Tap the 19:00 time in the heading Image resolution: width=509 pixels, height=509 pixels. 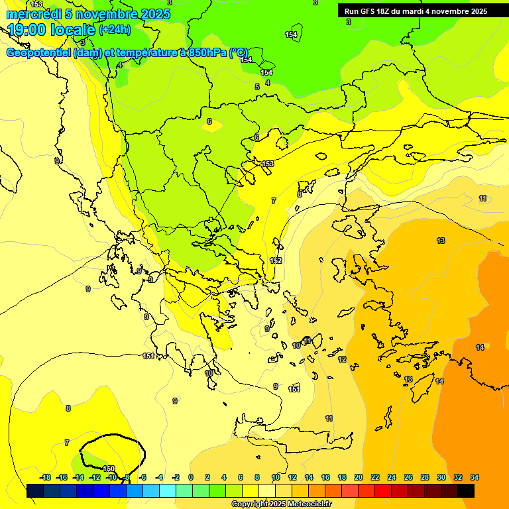(x=27, y=30)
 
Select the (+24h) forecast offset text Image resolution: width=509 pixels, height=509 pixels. (x=115, y=30)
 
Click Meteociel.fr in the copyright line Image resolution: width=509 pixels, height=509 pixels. (x=308, y=504)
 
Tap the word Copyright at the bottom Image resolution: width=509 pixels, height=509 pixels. (x=249, y=504)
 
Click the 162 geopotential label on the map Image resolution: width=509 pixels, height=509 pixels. (x=276, y=260)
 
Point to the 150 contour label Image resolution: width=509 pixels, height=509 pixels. (x=109, y=469)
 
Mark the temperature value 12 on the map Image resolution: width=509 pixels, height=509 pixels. (x=342, y=359)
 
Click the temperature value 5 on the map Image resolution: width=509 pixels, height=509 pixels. (x=257, y=87)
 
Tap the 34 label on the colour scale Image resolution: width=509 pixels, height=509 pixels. (x=474, y=477)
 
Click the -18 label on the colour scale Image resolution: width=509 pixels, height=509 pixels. (x=45, y=477)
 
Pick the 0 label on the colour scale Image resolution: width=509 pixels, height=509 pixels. (x=191, y=477)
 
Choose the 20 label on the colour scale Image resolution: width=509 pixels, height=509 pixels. (x=359, y=477)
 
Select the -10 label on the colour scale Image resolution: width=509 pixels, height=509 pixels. (x=111, y=477)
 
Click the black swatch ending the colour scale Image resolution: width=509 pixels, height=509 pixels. (x=466, y=491)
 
